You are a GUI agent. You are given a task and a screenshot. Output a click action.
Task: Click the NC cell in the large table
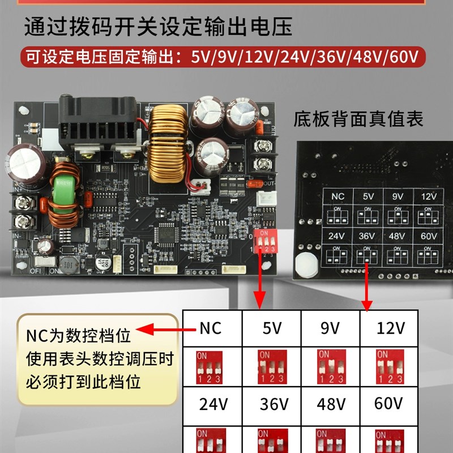pos(210,328)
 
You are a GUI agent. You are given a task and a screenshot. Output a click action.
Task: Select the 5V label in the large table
pos(271,328)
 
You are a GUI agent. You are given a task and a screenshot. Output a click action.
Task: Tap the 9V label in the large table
pos(330,328)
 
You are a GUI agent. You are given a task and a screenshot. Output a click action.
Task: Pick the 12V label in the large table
pos(390,328)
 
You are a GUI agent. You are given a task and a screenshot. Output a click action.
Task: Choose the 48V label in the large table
pos(331,404)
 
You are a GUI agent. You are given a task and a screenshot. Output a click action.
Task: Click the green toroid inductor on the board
pos(66,193)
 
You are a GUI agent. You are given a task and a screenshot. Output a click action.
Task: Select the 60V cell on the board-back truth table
pos(429,236)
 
